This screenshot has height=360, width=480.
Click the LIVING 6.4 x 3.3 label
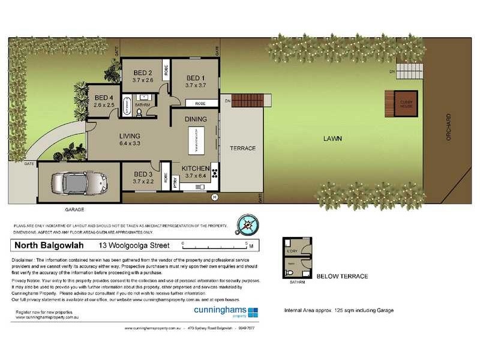point(129,139)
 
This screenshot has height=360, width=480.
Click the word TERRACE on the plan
point(242,148)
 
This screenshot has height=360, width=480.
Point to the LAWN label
point(332,139)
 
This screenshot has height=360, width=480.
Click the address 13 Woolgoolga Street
point(134,245)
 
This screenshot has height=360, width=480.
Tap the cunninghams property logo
point(226,311)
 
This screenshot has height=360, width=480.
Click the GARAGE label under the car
point(74,210)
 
